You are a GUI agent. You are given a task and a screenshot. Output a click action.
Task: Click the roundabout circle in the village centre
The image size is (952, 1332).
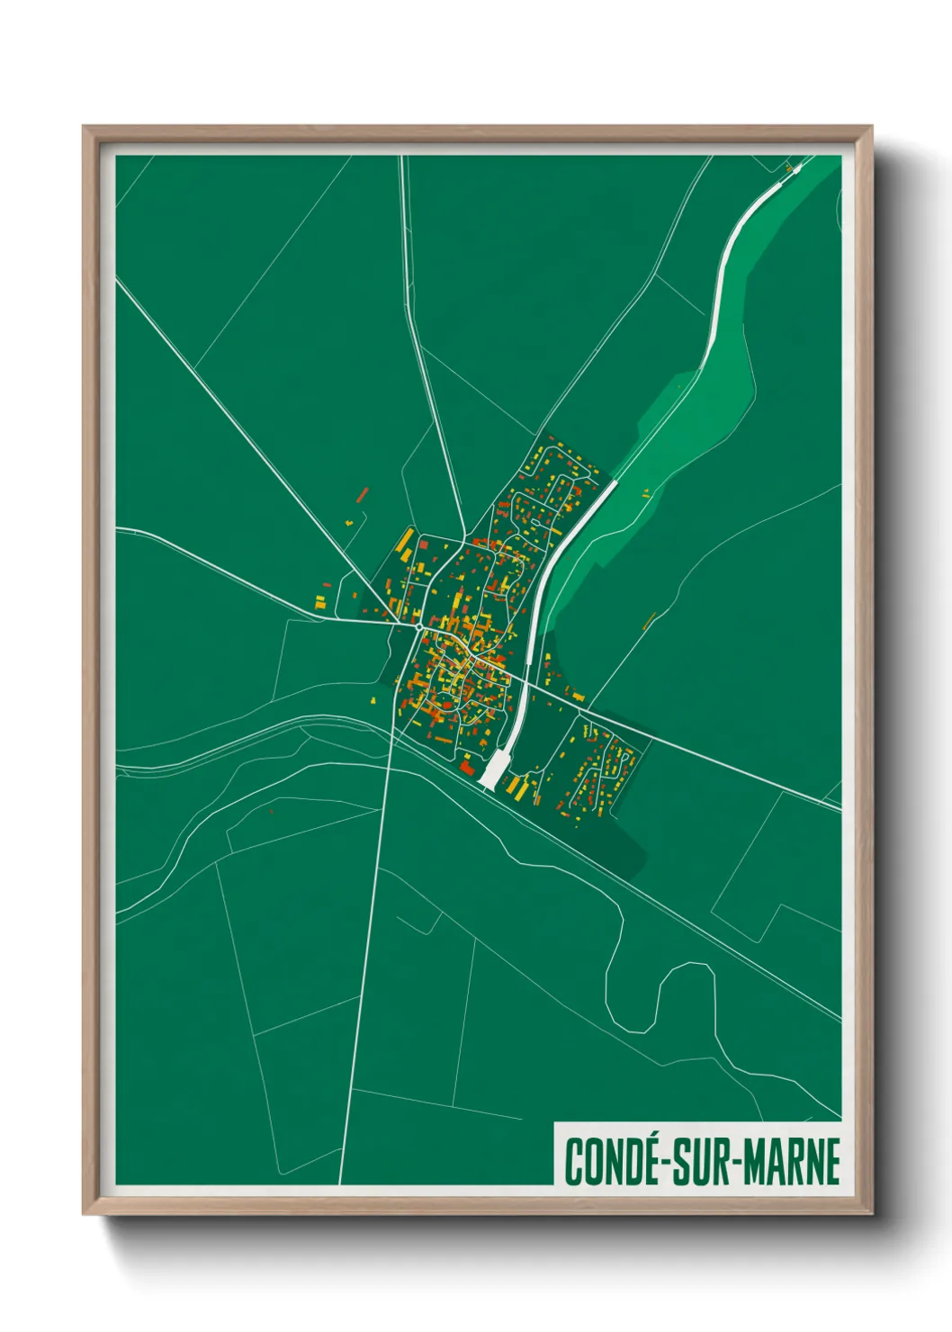point(419,625)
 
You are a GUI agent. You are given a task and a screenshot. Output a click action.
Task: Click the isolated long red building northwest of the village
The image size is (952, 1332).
point(363,494)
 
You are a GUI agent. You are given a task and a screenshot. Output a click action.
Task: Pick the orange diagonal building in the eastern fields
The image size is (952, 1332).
point(650,620)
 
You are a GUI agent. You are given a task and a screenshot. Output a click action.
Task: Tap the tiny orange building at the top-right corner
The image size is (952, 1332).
point(789,167)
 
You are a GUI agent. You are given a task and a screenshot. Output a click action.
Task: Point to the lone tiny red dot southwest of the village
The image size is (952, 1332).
point(271,812)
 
